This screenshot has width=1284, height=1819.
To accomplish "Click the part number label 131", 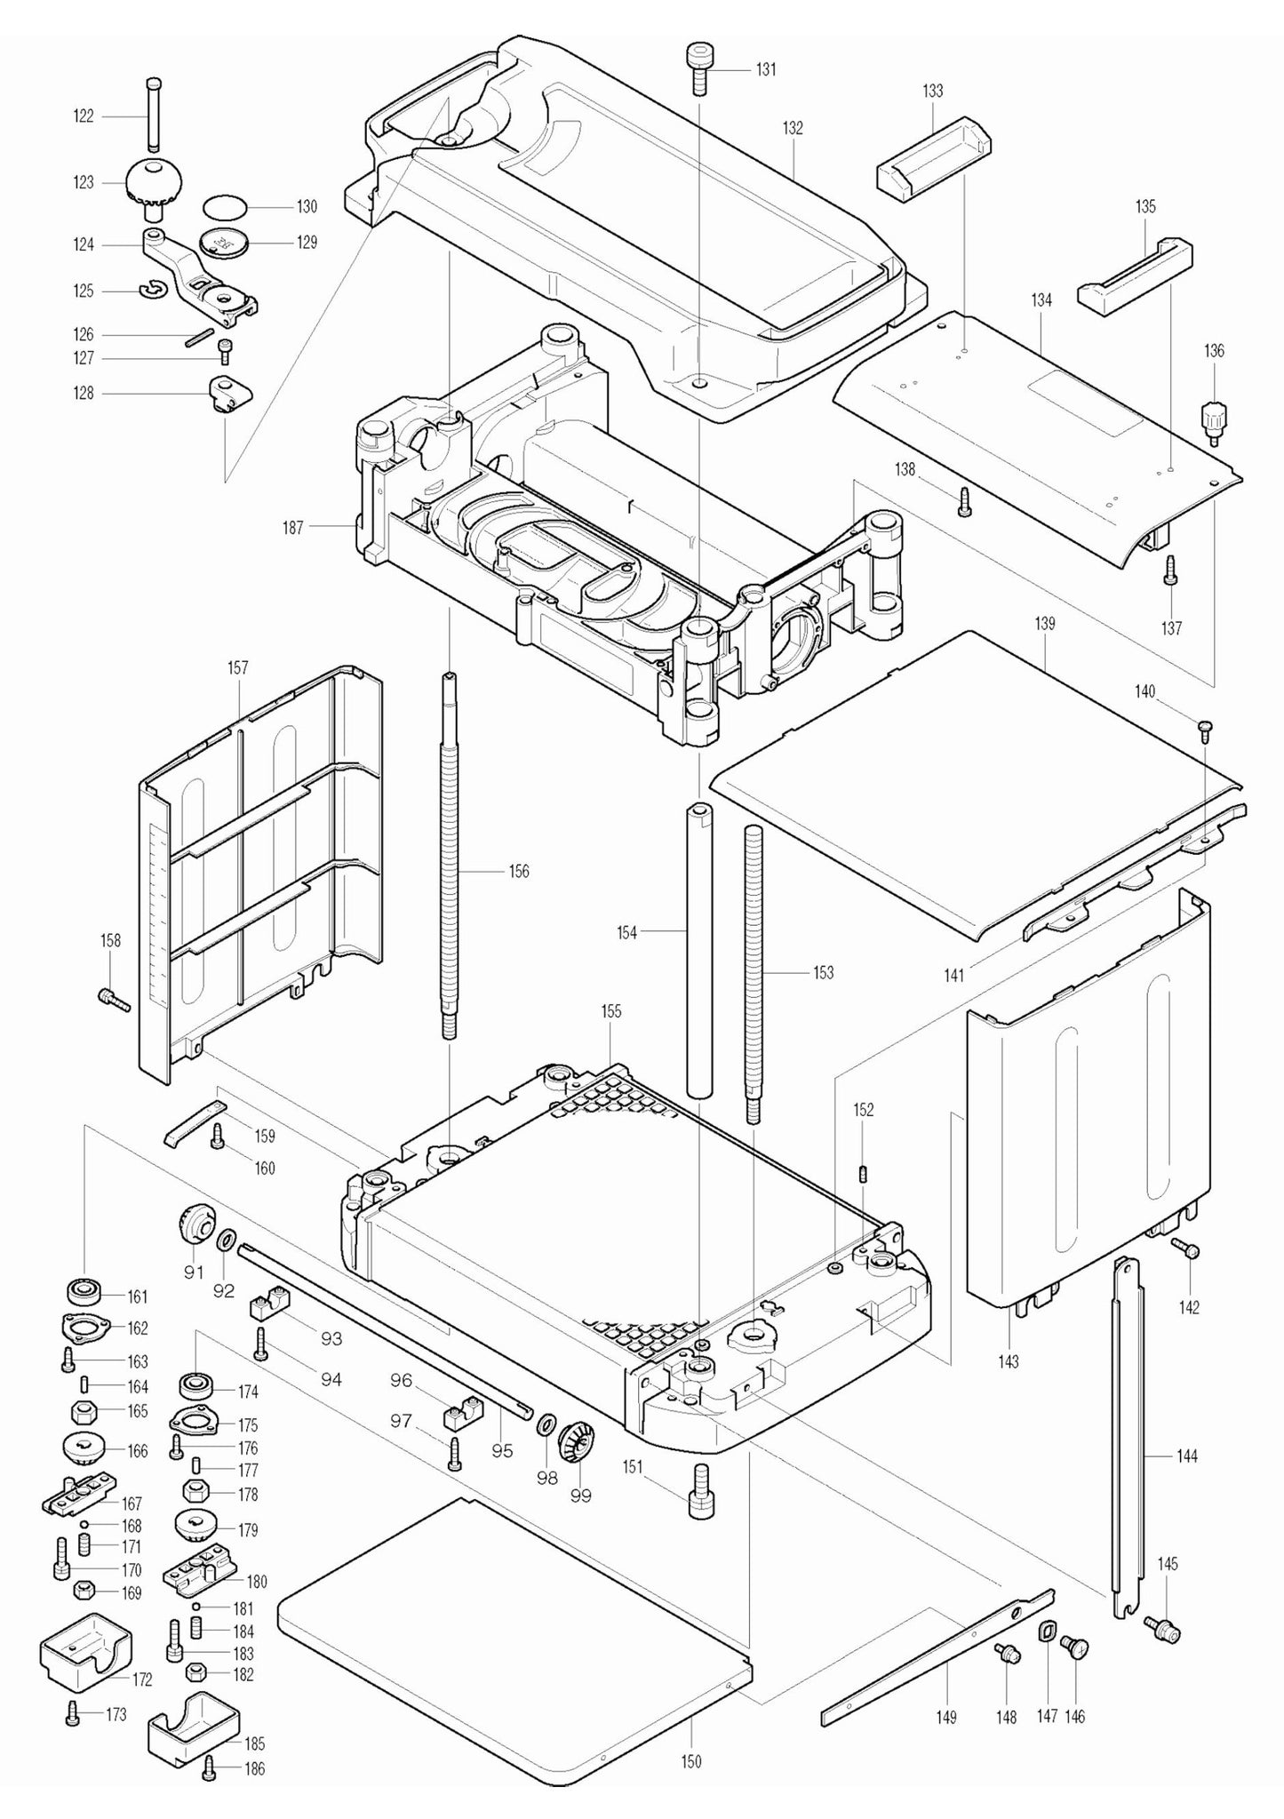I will (x=766, y=70).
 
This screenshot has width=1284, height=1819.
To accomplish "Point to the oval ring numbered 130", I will (x=224, y=207).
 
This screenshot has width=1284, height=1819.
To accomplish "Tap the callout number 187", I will (x=292, y=528).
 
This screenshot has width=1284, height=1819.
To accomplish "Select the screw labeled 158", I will (x=114, y=1000).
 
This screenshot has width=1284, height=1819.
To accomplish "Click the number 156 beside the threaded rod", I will (x=519, y=871).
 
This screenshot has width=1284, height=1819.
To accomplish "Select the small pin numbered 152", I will (x=863, y=1173).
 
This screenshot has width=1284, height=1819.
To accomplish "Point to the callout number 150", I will (x=691, y=1761).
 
